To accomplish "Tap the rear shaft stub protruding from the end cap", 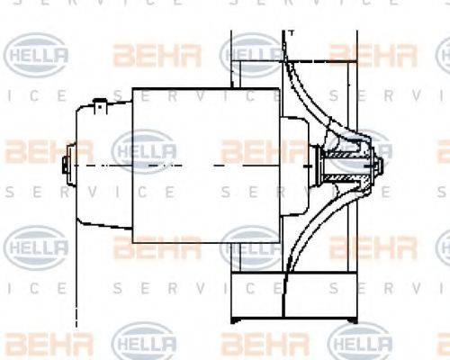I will coord(64,166).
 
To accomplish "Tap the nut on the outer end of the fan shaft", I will coord(378,167).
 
